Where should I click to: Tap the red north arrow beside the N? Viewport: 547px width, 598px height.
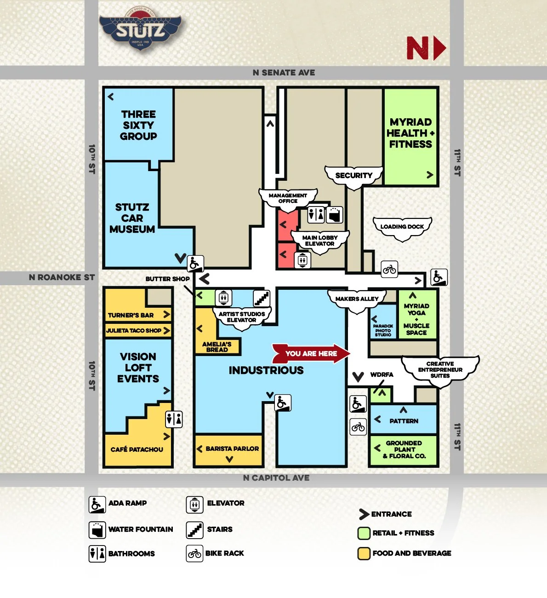point(440,48)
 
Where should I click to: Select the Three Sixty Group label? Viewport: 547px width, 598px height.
point(138,125)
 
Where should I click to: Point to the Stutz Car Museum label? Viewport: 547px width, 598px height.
point(132,218)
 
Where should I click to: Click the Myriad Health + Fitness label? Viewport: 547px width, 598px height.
point(410,133)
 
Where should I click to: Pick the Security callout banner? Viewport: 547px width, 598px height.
point(353,176)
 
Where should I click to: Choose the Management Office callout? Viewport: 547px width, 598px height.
point(288,198)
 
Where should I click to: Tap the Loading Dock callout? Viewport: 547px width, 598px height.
point(402,227)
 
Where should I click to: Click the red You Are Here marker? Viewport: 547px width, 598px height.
point(311,353)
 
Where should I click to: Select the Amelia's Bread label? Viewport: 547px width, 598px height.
point(217,347)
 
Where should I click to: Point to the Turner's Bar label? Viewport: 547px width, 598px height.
point(131,315)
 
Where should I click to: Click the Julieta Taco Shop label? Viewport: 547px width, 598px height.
point(134,330)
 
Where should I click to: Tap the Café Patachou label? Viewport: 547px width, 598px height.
point(137,449)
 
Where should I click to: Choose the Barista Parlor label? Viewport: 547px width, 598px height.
point(232,448)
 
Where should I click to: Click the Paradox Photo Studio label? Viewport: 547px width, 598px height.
point(383,330)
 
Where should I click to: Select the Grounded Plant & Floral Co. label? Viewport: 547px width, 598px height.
point(404,449)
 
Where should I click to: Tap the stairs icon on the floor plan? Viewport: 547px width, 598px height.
point(262,298)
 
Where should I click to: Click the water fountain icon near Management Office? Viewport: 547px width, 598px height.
point(335,215)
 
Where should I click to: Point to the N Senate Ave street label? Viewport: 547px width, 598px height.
point(284,73)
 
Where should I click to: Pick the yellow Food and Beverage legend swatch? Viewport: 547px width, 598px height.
point(364,553)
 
